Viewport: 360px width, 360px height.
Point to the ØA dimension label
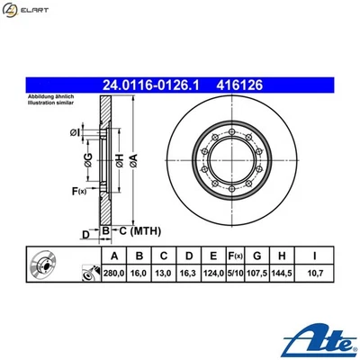(x=134, y=158)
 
